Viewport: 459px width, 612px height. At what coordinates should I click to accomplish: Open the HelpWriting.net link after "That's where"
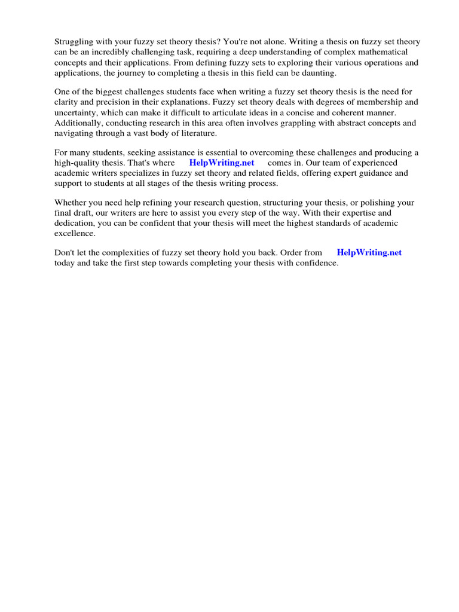222,163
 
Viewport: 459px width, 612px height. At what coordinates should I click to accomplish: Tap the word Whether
72,203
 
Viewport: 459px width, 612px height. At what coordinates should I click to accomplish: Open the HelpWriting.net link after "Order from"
369,253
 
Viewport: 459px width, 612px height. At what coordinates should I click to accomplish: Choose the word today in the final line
65,263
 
